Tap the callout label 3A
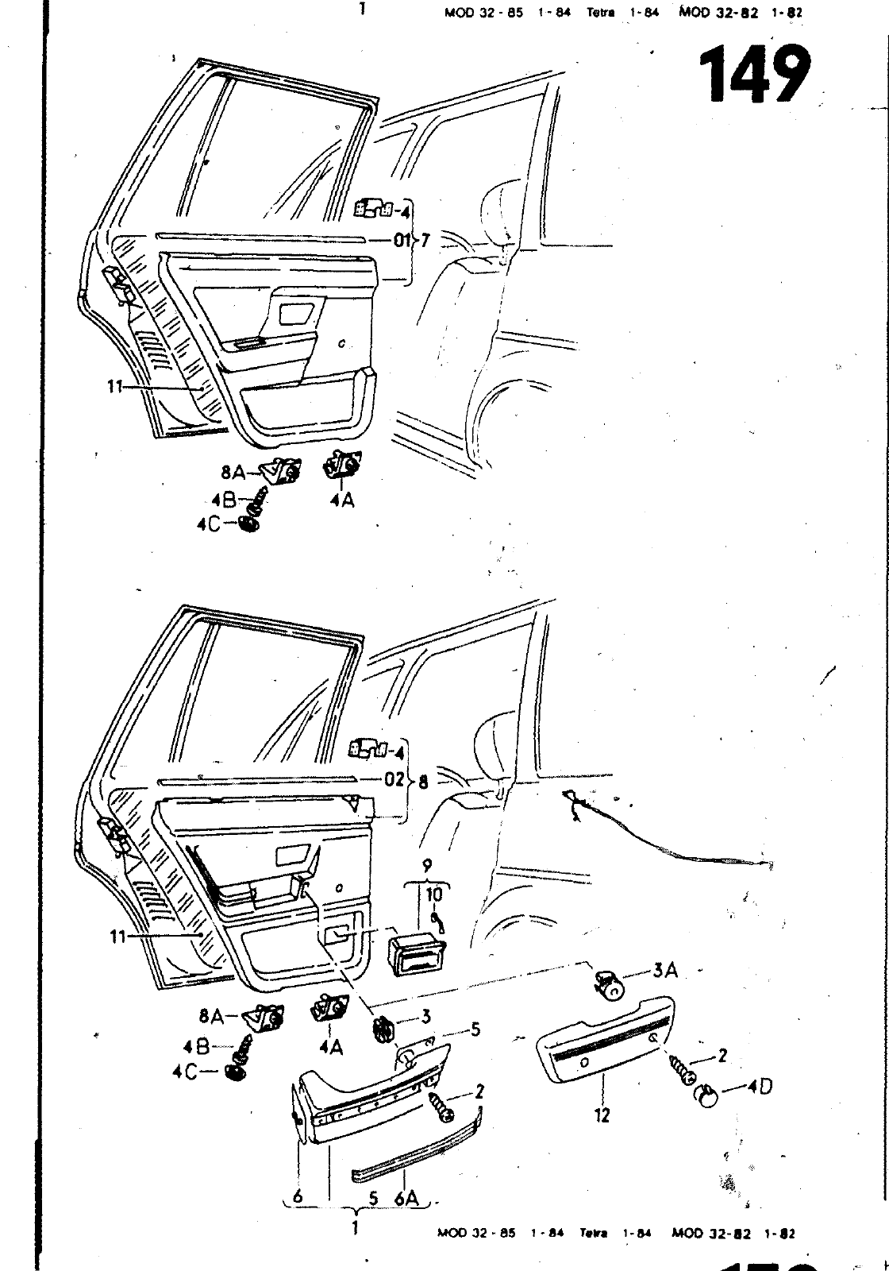[x=665, y=971]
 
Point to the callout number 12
[x=602, y=1115]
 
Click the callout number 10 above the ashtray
[x=434, y=894]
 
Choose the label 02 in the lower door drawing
[x=394, y=778]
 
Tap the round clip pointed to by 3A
[x=610, y=987]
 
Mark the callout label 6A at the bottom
[x=406, y=1198]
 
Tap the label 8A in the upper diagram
[x=233, y=473]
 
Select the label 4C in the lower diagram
[x=186, y=1072]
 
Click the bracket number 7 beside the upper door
[x=425, y=240]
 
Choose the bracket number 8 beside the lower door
[x=422, y=782]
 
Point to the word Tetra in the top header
[x=602, y=13]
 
